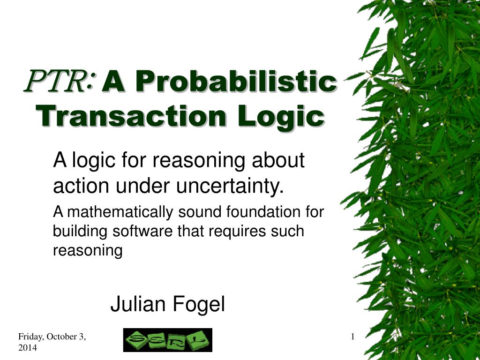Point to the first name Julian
tap(138, 305)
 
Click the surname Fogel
tap(199, 305)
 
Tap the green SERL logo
tap(167, 340)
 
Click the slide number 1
tap(352, 337)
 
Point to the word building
tap(74, 232)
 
